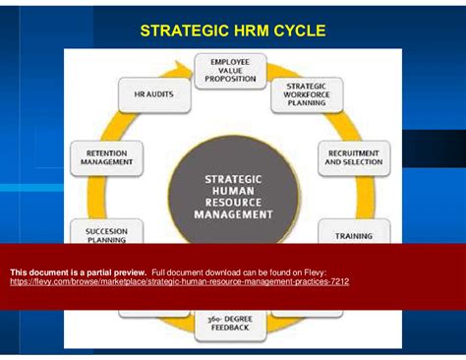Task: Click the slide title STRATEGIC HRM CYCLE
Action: coord(233,30)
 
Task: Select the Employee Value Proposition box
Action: coord(230,71)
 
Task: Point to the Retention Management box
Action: coord(106,157)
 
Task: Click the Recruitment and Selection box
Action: coord(353,157)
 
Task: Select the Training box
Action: coord(353,236)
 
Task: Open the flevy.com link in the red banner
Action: coord(179,281)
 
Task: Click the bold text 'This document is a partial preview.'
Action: coord(79,271)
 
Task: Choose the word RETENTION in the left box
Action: coord(106,152)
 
